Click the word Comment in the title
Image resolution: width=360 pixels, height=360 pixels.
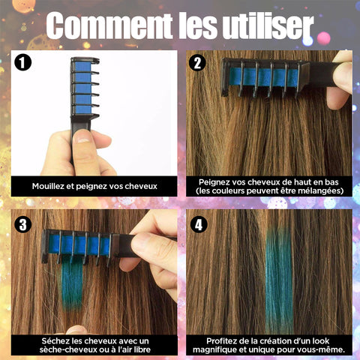109,25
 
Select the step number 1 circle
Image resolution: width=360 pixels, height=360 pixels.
22,62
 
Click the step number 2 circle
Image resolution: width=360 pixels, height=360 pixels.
197,62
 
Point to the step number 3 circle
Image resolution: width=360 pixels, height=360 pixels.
22,224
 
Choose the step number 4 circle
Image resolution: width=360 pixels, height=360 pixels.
199,224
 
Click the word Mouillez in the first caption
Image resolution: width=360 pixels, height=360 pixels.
48,186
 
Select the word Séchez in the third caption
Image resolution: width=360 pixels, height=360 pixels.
55,341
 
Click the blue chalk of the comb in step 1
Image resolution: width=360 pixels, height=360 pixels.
82,88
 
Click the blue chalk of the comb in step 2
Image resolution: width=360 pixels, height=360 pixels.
264,77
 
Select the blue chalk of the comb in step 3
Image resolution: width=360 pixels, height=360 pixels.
79,245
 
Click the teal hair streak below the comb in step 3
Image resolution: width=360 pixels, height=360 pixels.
72,283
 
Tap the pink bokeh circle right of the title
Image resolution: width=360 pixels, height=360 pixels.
324,38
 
